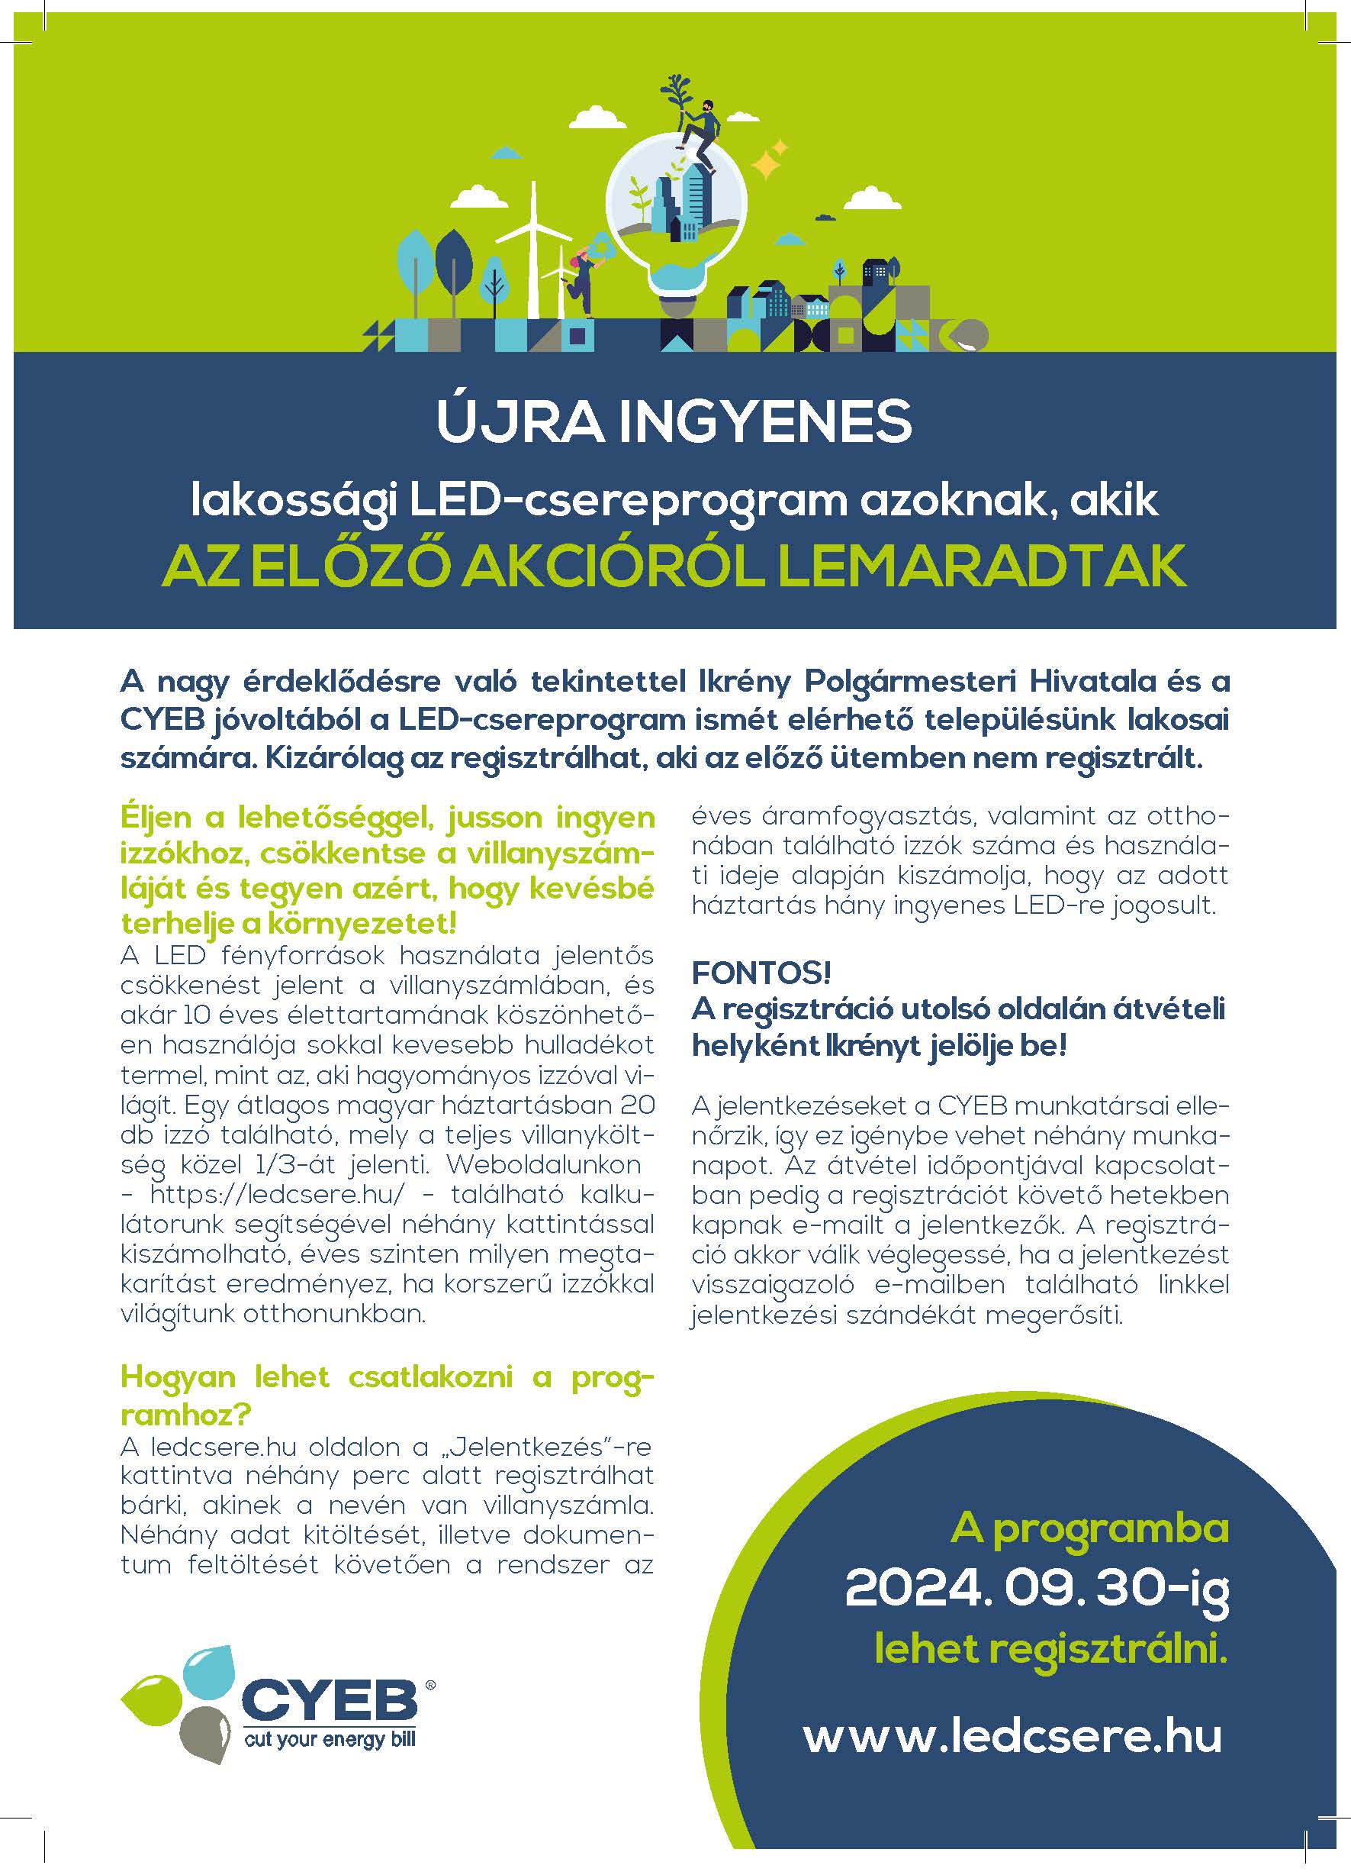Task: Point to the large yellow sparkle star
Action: pos(767,162)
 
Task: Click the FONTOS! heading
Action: pos(761,973)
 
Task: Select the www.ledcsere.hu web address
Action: pos(1012,1735)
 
